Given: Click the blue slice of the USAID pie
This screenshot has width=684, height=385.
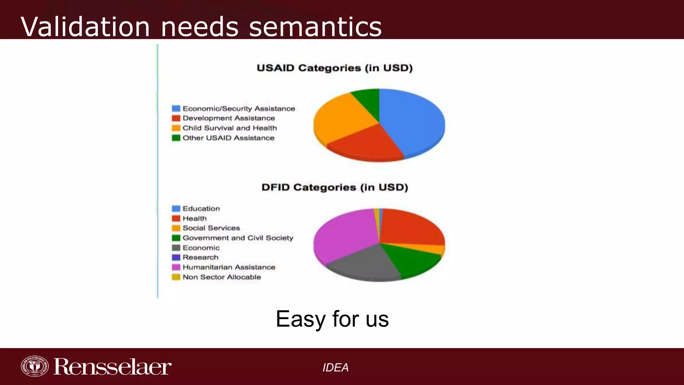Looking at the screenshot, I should coord(414,120).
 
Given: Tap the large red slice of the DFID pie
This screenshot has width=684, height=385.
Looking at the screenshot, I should coord(411,227).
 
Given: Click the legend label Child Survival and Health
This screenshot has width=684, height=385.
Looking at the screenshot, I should coord(229,128).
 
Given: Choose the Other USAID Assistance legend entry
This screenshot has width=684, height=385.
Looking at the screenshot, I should coord(228,138).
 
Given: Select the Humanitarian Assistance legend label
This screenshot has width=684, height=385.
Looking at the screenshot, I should coord(229,267).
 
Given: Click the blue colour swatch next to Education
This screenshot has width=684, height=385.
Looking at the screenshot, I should coord(176,209).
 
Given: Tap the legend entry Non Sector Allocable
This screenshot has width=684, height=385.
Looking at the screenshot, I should coord(221,277).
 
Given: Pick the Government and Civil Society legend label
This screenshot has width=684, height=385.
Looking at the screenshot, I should coord(238,238).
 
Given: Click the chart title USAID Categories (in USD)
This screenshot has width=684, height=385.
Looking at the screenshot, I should coord(335,68).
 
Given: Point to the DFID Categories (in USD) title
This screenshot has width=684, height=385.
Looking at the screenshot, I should coord(335,187).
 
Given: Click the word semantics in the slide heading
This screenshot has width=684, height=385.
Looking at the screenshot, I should coord(315,27).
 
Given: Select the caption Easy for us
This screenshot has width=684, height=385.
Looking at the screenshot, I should coord(332,319).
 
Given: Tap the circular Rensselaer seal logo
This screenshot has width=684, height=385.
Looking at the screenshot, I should coord(34,366).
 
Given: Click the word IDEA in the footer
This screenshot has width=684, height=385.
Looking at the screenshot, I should coord(335,368).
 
